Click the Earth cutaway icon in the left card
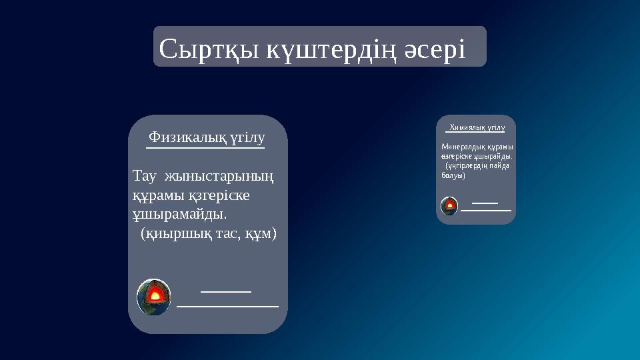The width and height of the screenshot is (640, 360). point(154,297)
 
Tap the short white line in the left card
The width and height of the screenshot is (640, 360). point(226,291)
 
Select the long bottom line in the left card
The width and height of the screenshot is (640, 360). point(227,306)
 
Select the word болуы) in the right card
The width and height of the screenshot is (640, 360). point(453,175)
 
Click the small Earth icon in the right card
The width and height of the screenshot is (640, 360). point(450,206)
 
